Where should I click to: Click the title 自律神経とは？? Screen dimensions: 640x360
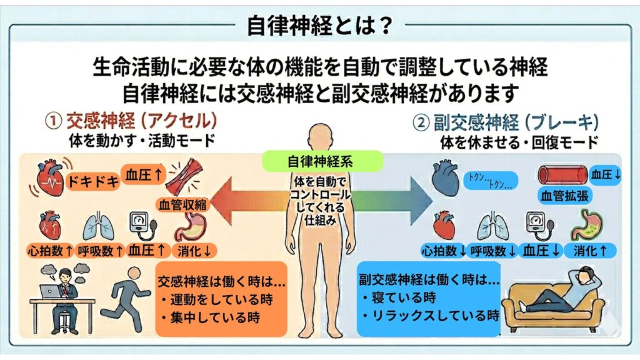pos(319,26)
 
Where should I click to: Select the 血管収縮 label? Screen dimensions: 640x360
pos(183,204)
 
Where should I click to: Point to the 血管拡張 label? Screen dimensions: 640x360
pos(565,196)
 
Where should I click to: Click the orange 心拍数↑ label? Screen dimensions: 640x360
pos(50,251)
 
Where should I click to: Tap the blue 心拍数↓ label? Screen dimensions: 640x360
pos(444,251)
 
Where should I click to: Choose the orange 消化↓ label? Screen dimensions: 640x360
pos(194,251)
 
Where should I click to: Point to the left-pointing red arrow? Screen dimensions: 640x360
pos(249,201)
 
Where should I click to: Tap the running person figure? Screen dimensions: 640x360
pos(124,300)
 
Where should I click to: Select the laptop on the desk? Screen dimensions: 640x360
pos(51,291)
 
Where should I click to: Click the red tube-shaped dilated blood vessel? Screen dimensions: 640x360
pos(563,175)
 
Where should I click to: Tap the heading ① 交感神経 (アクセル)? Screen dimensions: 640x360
pos(131,121)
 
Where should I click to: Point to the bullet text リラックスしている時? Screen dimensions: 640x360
pos(436,316)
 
